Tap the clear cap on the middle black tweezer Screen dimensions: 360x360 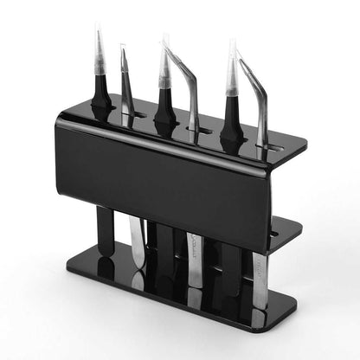164,65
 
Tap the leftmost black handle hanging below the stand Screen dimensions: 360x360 105,229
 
